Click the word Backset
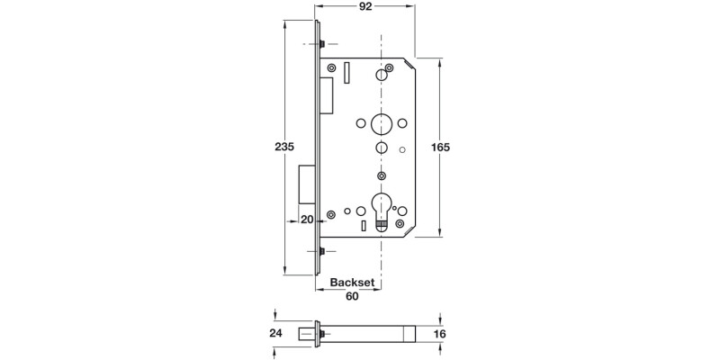pyautogui.click(x=352, y=282)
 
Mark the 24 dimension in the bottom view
pyautogui.click(x=275, y=334)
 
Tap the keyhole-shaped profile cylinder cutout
pyautogui.click(x=382, y=209)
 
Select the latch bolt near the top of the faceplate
pyautogui.click(x=328, y=89)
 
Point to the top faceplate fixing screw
pyautogui.click(x=321, y=44)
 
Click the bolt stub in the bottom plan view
pyautogui.click(x=319, y=334)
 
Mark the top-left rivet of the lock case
pyautogui.click(x=332, y=68)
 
